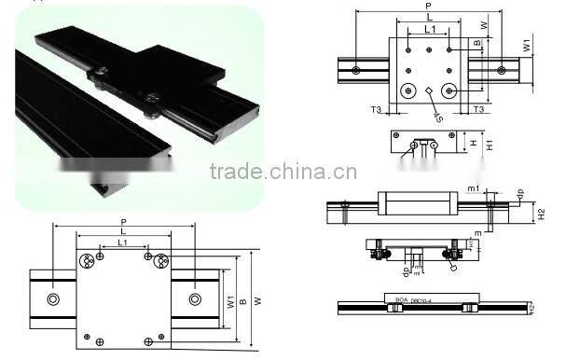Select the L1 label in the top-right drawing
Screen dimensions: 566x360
(x=429, y=31)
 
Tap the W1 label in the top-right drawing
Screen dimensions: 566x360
(x=527, y=45)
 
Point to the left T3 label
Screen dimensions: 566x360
(x=376, y=109)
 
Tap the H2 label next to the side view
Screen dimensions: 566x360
(x=541, y=213)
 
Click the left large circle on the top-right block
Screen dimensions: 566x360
(x=407, y=90)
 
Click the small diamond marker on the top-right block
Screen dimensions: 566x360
(x=428, y=90)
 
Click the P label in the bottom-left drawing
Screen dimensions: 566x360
(x=124, y=221)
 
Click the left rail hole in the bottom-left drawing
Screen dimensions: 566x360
(x=52, y=298)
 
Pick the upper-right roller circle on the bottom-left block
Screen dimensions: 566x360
(x=161, y=260)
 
